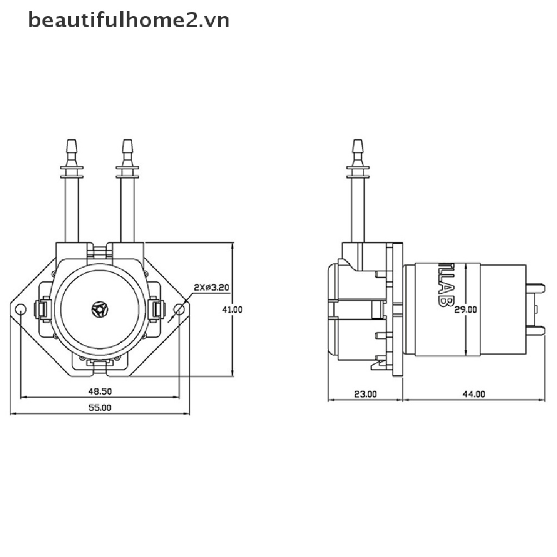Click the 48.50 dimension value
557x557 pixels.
point(100,392)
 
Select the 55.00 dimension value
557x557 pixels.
point(100,408)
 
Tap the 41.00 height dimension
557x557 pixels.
point(232,310)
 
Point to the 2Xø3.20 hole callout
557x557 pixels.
point(212,287)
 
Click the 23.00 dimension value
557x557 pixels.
point(365,394)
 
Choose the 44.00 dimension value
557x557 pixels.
point(474,394)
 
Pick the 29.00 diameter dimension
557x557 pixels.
point(466,310)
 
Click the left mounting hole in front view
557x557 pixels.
point(21,310)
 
